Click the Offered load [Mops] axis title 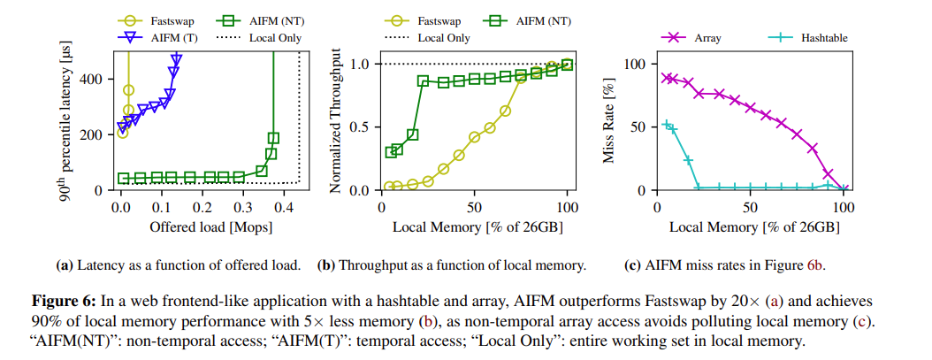coord(210,226)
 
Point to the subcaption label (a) coord(64,264)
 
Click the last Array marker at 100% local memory coord(844,188)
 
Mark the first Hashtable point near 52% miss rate coord(667,125)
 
